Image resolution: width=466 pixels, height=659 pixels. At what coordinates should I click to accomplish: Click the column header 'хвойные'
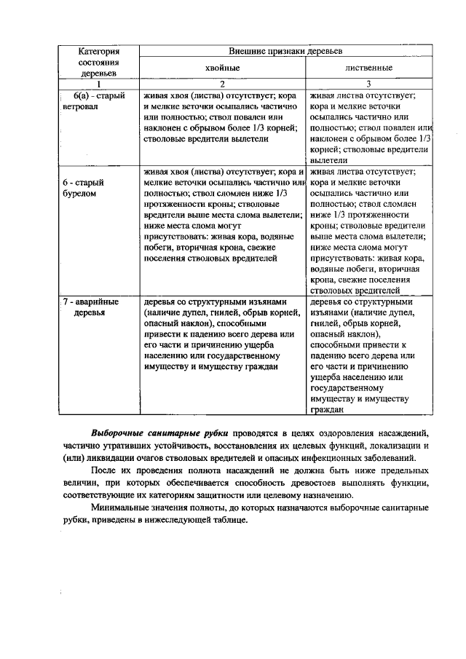pos(221,68)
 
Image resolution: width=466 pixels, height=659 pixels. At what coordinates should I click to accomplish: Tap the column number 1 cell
pos(98,84)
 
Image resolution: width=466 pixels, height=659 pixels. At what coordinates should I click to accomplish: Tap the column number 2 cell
pos(221,84)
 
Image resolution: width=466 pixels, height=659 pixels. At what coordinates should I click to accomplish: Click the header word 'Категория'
pos(98,52)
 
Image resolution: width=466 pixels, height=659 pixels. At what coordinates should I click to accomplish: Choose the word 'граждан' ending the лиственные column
pos(324,411)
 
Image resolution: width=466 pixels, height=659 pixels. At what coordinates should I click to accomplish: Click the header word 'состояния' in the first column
pos(98,63)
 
